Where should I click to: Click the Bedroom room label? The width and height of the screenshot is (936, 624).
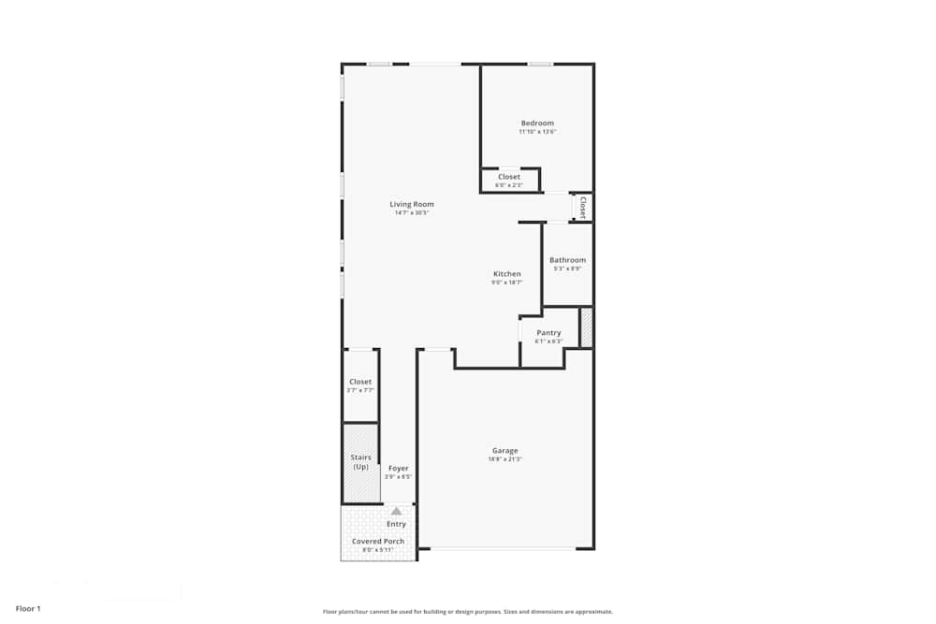pyautogui.click(x=537, y=123)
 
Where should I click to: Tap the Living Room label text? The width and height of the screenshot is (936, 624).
pyautogui.click(x=412, y=204)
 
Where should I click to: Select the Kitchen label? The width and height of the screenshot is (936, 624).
pyautogui.click(x=507, y=274)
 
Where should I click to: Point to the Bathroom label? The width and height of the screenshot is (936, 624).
pyautogui.click(x=567, y=260)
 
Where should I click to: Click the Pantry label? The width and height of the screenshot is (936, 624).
pyautogui.click(x=548, y=333)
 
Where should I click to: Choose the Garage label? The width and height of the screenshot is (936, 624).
pyautogui.click(x=505, y=451)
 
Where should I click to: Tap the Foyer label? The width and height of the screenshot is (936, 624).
pyautogui.click(x=398, y=468)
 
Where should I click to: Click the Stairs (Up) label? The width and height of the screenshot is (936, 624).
pyautogui.click(x=360, y=462)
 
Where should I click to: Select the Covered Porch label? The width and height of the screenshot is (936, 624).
pyautogui.click(x=378, y=542)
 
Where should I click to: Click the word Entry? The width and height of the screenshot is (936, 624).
pyautogui.click(x=396, y=524)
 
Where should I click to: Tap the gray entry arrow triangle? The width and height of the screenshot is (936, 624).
pyautogui.click(x=396, y=511)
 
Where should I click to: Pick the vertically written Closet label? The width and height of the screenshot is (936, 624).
pyautogui.click(x=583, y=206)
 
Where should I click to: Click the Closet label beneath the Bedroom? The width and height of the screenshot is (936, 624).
pyautogui.click(x=509, y=177)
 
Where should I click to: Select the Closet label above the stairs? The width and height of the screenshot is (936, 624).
pyautogui.click(x=360, y=382)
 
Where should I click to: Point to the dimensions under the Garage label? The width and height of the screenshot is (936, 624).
pyautogui.click(x=505, y=459)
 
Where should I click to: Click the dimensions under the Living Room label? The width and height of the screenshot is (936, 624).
pyautogui.click(x=412, y=212)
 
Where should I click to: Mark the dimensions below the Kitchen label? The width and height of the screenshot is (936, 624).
pyautogui.click(x=507, y=283)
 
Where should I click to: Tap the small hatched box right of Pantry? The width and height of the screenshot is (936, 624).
pyautogui.click(x=586, y=327)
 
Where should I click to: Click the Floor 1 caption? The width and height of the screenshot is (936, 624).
pyautogui.click(x=28, y=609)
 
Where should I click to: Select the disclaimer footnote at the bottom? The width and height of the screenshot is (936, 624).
pyautogui.click(x=468, y=612)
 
